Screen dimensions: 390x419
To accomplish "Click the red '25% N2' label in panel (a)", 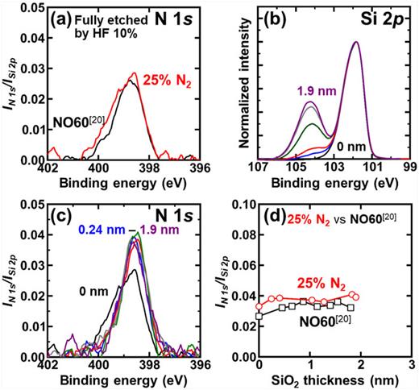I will click(x=170, y=81).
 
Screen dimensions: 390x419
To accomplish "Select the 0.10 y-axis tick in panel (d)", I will click(x=242, y=205).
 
